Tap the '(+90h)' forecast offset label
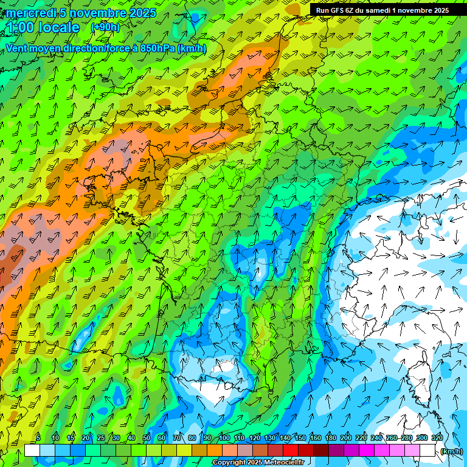[x=105, y=27]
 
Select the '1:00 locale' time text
[x=43, y=28]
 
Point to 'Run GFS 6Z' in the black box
[x=335, y=10]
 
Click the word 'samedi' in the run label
[x=381, y=10]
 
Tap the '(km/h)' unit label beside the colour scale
[x=451, y=451]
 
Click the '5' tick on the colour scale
[x=38, y=438]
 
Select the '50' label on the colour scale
[x=147, y=438]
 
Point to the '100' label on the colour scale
[x=224, y=438]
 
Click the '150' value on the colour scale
[x=300, y=438]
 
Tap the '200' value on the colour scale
[x=346, y=438]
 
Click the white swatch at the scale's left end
[x=32, y=451]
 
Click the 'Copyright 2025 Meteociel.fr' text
[x=258, y=463]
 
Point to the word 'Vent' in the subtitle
[x=18, y=49]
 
